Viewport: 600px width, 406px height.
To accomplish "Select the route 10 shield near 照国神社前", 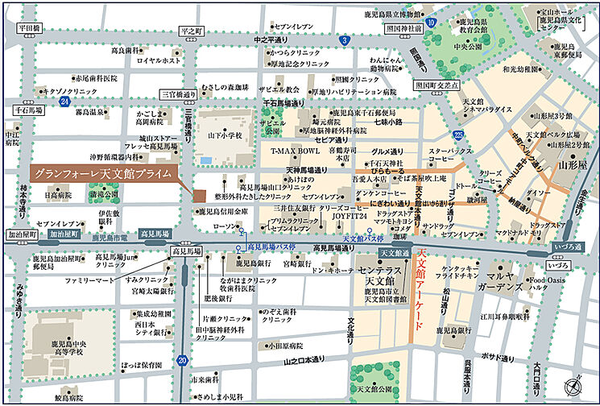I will coord(431,22).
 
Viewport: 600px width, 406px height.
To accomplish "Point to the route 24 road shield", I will coord(64,102).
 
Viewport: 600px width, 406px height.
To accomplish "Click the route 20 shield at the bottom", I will coord(183,360).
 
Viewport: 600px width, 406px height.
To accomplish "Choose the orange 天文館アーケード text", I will coord(421,282).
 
